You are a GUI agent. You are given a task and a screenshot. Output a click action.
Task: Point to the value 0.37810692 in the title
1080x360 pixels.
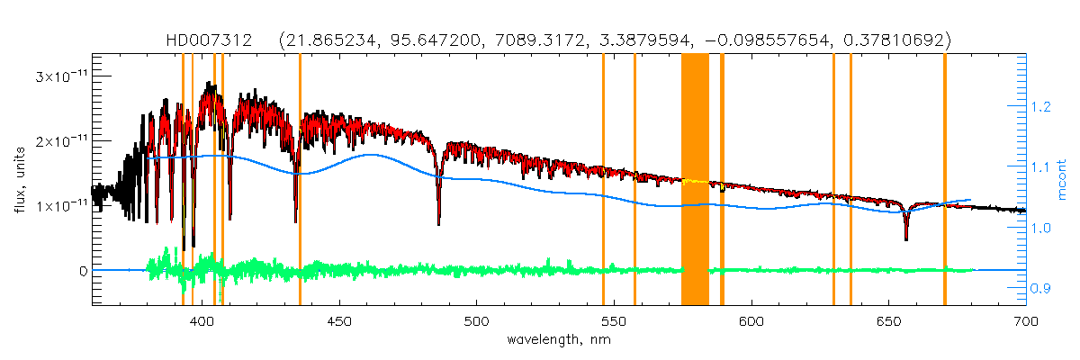903,40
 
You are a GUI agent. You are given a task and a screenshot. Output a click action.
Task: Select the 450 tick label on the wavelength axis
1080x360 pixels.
339,320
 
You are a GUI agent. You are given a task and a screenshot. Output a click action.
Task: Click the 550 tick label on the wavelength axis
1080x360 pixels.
614,320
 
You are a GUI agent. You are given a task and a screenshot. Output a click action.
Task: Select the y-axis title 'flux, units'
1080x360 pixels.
20,180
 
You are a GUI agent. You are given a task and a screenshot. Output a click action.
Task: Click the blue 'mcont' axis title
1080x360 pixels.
1064,180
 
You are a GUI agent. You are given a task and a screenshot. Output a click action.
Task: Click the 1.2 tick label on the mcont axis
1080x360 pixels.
1042,107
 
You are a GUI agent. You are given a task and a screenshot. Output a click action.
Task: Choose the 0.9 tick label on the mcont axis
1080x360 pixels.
1042,288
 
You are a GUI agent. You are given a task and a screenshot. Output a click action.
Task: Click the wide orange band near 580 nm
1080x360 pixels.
695,180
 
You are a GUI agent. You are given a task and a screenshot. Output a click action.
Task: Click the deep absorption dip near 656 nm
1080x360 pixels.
905,236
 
